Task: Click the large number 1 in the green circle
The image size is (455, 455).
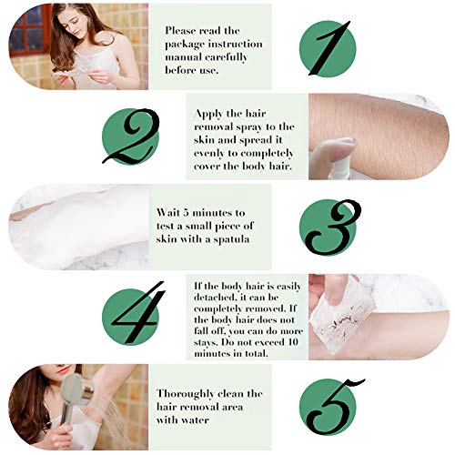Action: (x=329, y=48)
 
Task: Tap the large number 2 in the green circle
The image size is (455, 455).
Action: (x=131, y=136)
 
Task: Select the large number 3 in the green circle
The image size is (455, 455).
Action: (x=333, y=227)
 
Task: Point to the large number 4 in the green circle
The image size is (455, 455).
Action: (x=138, y=312)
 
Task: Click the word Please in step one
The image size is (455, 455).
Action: (x=180, y=31)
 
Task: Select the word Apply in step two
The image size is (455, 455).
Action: (x=208, y=115)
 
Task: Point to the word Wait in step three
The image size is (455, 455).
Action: (x=167, y=212)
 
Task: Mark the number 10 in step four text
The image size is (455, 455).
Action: (x=293, y=342)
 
